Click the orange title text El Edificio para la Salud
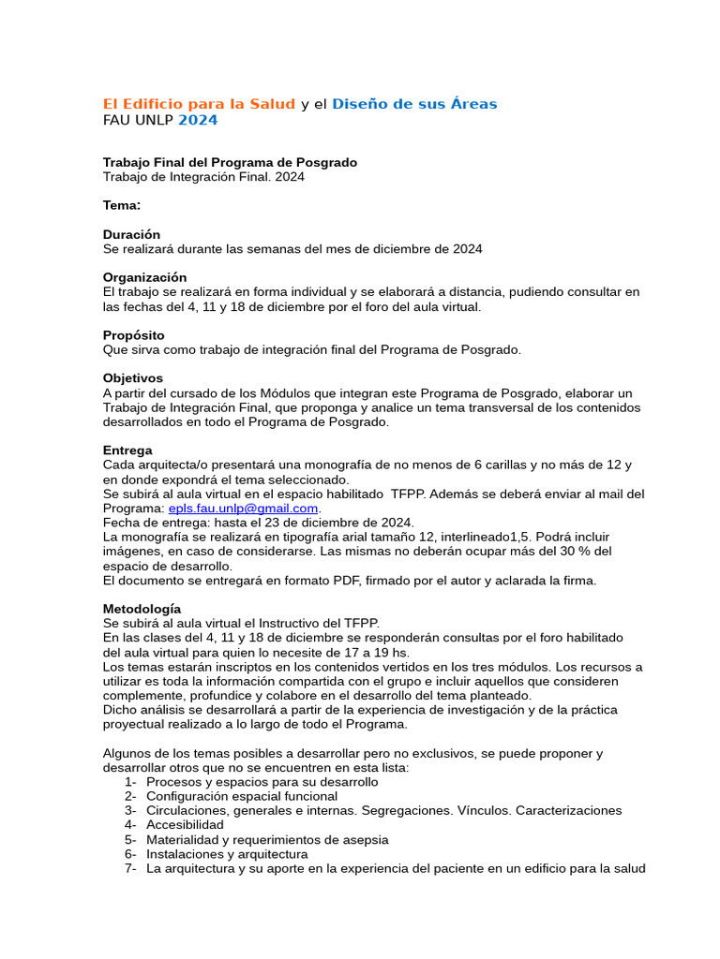tap(199, 104)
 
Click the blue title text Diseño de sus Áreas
tap(414, 104)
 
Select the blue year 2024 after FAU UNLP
tap(198, 120)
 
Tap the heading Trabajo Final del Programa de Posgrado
tap(230, 162)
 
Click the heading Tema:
tap(122, 205)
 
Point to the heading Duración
tap(131, 234)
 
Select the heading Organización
tap(144, 277)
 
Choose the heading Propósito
tap(133, 335)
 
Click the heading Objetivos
tap(133, 378)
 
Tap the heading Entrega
tap(127, 450)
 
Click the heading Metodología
tap(142, 609)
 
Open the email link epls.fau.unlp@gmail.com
tap(244, 509)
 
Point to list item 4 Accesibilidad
tap(185, 825)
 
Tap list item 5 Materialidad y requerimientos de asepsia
tap(267, 840)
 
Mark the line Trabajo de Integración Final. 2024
tap(203, 176)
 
